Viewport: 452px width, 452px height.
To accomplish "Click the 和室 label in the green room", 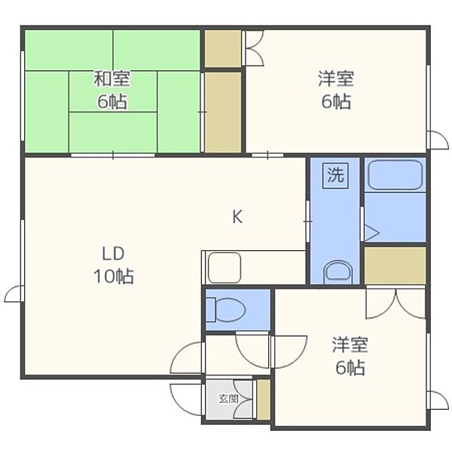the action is (111, 78).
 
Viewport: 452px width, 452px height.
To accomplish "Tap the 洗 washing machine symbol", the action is (335, 176).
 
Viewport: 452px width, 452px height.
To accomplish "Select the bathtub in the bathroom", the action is (395, 175).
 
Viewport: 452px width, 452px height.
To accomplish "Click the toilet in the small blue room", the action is (226, 310).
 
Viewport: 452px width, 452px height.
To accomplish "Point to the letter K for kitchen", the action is (237, 216).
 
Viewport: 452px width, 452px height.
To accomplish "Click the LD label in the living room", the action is (113, 254).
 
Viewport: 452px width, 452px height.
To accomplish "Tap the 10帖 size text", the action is (113, 276).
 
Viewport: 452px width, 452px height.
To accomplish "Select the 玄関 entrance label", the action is (228, 399).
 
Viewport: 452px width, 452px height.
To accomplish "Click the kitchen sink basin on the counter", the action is (224, 267).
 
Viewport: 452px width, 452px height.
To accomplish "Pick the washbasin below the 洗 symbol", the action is (337, 273).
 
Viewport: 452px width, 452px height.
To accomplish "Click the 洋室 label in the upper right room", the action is (336, 78).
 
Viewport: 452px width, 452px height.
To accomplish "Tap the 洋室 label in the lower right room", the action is (350, 344).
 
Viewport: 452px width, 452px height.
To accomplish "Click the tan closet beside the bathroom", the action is (395, 265).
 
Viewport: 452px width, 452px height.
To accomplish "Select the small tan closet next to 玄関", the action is (264, 399).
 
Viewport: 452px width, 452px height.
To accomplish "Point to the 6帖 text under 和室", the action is (111, 102).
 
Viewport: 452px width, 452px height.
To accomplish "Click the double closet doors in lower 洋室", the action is (395, 303).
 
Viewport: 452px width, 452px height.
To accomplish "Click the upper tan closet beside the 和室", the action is (223, 48).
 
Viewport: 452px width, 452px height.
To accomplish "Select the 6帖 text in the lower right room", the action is (350, 368).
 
